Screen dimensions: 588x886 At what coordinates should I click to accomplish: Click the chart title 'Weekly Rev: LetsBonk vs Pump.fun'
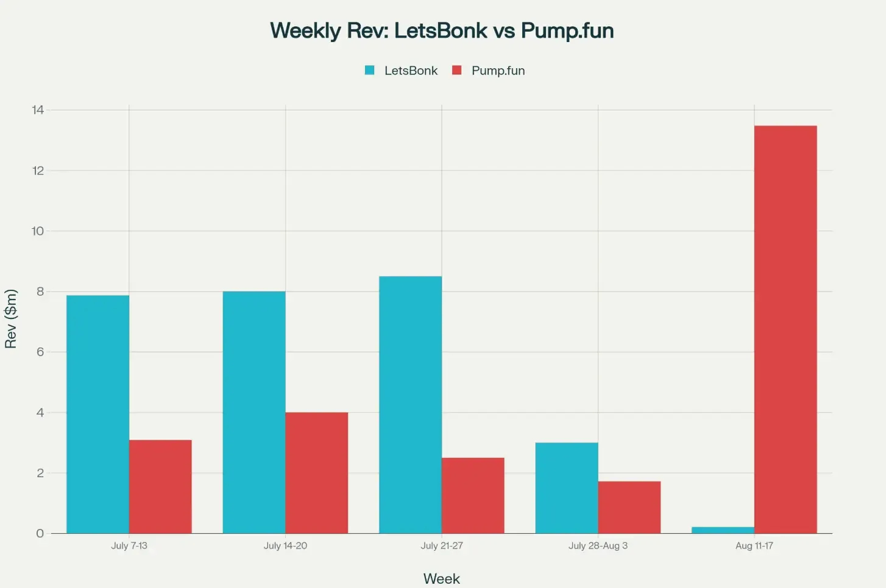pyautogui.click(x=442, y=30)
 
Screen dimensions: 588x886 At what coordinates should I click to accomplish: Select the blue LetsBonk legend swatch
pyautogui.click(x=369, y=70)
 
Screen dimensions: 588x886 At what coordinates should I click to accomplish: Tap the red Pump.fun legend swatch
pyautogui.click(x=456, y=70)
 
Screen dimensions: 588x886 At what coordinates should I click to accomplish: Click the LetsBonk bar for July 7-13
pyautogui.click(x=97, y=414)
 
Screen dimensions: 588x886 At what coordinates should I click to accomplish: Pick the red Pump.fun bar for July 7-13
pyautogui.click(x=160, y=486)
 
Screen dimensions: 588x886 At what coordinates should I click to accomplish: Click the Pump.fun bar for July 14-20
pyautogui.click(x=316, y=472)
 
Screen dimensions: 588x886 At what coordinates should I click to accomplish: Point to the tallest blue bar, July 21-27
pyautogui.click(x=410, y=405)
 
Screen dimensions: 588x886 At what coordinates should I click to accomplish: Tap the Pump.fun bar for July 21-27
pyautogui.click(x=473, y=495)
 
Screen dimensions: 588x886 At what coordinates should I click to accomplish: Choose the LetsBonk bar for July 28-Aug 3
pyautogui.click(x=567, y=488)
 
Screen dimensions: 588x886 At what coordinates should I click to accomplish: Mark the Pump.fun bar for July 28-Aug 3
pyautogui.click(x=629, y=507)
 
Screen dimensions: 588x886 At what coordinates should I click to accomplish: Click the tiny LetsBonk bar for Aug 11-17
pyautogui.click(x=723, y=530)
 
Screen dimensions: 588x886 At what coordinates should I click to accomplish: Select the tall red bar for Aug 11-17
pyautogui.click(x=785, y=329)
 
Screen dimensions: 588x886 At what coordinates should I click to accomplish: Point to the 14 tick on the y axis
pyautogui.click(x=38, y=110)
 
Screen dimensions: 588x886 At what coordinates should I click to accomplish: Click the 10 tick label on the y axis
pyautogui.click(x=38, y=231)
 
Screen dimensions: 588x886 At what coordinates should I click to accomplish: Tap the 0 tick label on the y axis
pyautogui.click(x=40, y=533)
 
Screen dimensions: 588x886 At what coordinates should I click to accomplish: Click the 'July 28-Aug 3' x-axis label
pyautogui.click(x=598, y=545)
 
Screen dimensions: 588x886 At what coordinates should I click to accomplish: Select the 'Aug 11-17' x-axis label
pyautogui.click(x=754, y=545)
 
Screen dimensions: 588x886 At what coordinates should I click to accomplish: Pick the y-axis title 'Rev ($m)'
pyautogui.click(x=10, y=318)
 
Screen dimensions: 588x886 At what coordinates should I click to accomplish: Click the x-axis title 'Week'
pyautogui.click(x=441, y=578)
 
